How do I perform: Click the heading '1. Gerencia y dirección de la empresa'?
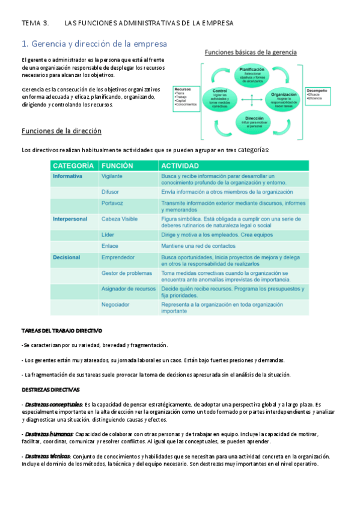(94, 44)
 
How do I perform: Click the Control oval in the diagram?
(219, 97)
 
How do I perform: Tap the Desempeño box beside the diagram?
(318, 94)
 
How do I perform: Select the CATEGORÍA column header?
(73, 165)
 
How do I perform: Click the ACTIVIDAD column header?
(180, 165)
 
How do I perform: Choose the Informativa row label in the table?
(68, 176)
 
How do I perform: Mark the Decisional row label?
(67, 257)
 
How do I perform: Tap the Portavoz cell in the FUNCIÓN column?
(113, 203)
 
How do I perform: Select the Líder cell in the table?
(108, 235)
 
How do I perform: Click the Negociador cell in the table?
(115, 304)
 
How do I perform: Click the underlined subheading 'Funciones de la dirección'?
(61, 131)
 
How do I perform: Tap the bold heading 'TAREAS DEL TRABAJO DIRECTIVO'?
(62, 331)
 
